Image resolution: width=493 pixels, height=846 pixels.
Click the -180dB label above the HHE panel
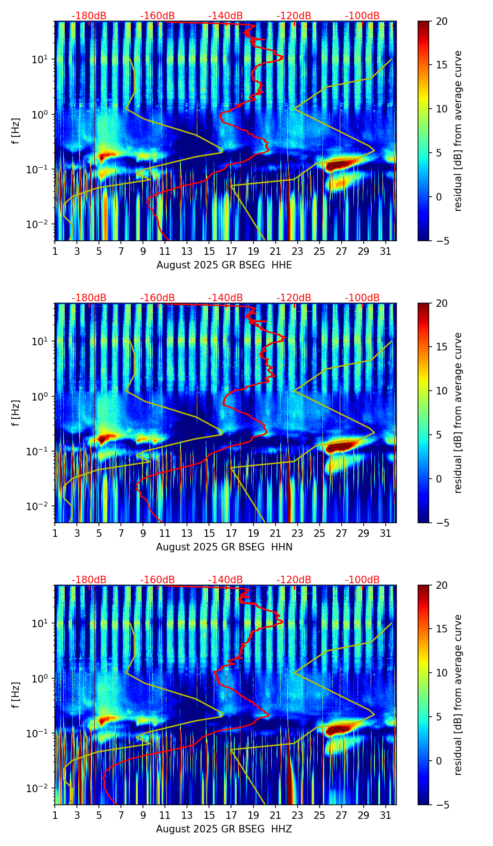pyautogui.click(x=89, y=16)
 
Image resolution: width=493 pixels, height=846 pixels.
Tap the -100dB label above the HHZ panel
pyautogui.click(x=362, y=580)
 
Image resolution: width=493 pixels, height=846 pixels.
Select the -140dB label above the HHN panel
pyautogui.click(x=225, y=298)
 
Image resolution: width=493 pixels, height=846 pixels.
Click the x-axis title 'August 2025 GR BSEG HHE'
pyautogui.click(x=224, y=265)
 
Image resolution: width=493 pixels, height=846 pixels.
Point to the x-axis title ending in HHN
pyautogui.click(x=224, y=547)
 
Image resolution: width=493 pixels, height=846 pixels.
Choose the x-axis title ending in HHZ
pyautogui.click(x=224, y=829)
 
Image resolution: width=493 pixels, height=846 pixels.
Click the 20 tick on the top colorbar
pyautogui.click(x=441, y=22)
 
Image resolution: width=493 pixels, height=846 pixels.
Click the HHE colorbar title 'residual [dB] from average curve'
pyautogui.click(x=458, y=131)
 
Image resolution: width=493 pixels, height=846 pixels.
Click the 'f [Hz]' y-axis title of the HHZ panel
pyautogui.click(x=16, y=695)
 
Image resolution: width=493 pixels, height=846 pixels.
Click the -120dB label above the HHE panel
pyautogui.click(x=294, y=16)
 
